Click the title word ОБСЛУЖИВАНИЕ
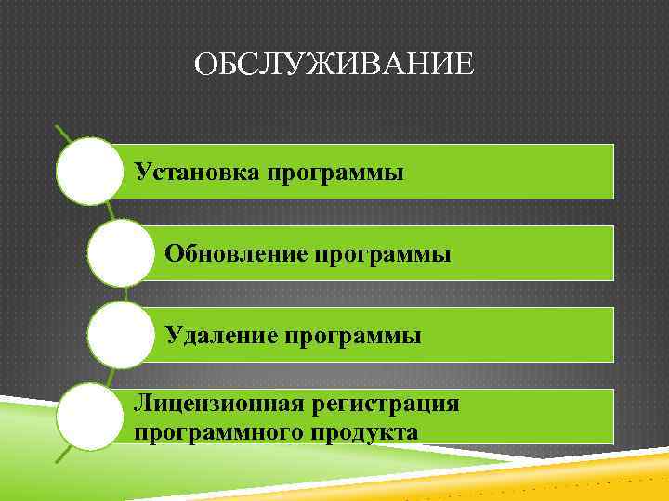point(334,66)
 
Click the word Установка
point(197,172)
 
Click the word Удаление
point(220,333)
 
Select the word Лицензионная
point(220,405)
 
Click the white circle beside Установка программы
point(89,172)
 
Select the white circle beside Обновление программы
point(121,252)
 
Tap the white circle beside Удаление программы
point(121,334)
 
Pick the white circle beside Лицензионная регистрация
point(89,417)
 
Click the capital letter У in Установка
point(142,172)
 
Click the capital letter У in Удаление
point(173,333)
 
